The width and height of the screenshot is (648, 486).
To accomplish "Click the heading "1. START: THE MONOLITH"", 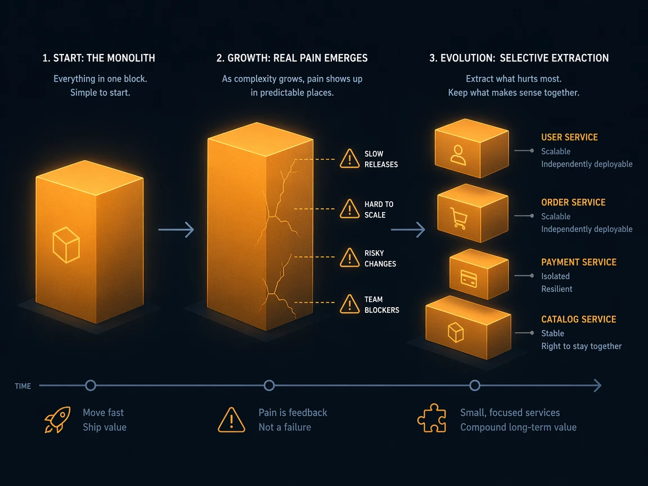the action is click(x=99, y=58).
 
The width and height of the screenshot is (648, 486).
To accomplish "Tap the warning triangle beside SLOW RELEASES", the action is click(x=350, y=159).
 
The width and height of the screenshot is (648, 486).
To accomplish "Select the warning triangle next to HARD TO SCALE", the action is click(x=350, y=209).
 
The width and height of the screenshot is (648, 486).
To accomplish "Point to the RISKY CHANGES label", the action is click(x=380, y=258).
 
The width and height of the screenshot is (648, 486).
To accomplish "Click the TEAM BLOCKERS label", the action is click(x=382, y=304).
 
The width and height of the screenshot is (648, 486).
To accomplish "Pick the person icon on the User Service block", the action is click(x=458, y=155).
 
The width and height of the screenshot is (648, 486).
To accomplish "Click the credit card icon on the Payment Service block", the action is click(x=469, y=278).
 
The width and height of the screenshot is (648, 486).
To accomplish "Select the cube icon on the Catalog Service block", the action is click(x=456, y=332).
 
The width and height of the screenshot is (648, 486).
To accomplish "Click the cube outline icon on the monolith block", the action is click(x=66, y=245).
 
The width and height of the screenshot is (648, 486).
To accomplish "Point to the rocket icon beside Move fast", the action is click(x=57, y=420).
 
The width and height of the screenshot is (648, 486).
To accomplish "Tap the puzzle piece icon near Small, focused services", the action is click(x=432, y=418).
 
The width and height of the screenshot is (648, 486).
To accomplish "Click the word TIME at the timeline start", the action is click(x=22, y=386).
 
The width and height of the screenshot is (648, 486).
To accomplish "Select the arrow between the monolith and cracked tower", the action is click(x=176, y=229).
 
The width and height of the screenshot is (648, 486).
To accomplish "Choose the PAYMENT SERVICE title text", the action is click(x=579, y=262).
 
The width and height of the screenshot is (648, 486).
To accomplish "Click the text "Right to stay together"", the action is click(x=582, y=346).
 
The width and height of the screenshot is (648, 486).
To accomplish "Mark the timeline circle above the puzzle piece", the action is click(x=475, y=385).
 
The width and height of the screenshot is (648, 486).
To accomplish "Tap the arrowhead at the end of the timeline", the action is click(x=597, y=385).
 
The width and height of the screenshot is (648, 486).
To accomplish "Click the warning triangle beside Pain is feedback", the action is click(x=231, y=420).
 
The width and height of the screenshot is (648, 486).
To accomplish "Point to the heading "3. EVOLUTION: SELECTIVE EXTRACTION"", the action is click(x=519, y=58).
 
